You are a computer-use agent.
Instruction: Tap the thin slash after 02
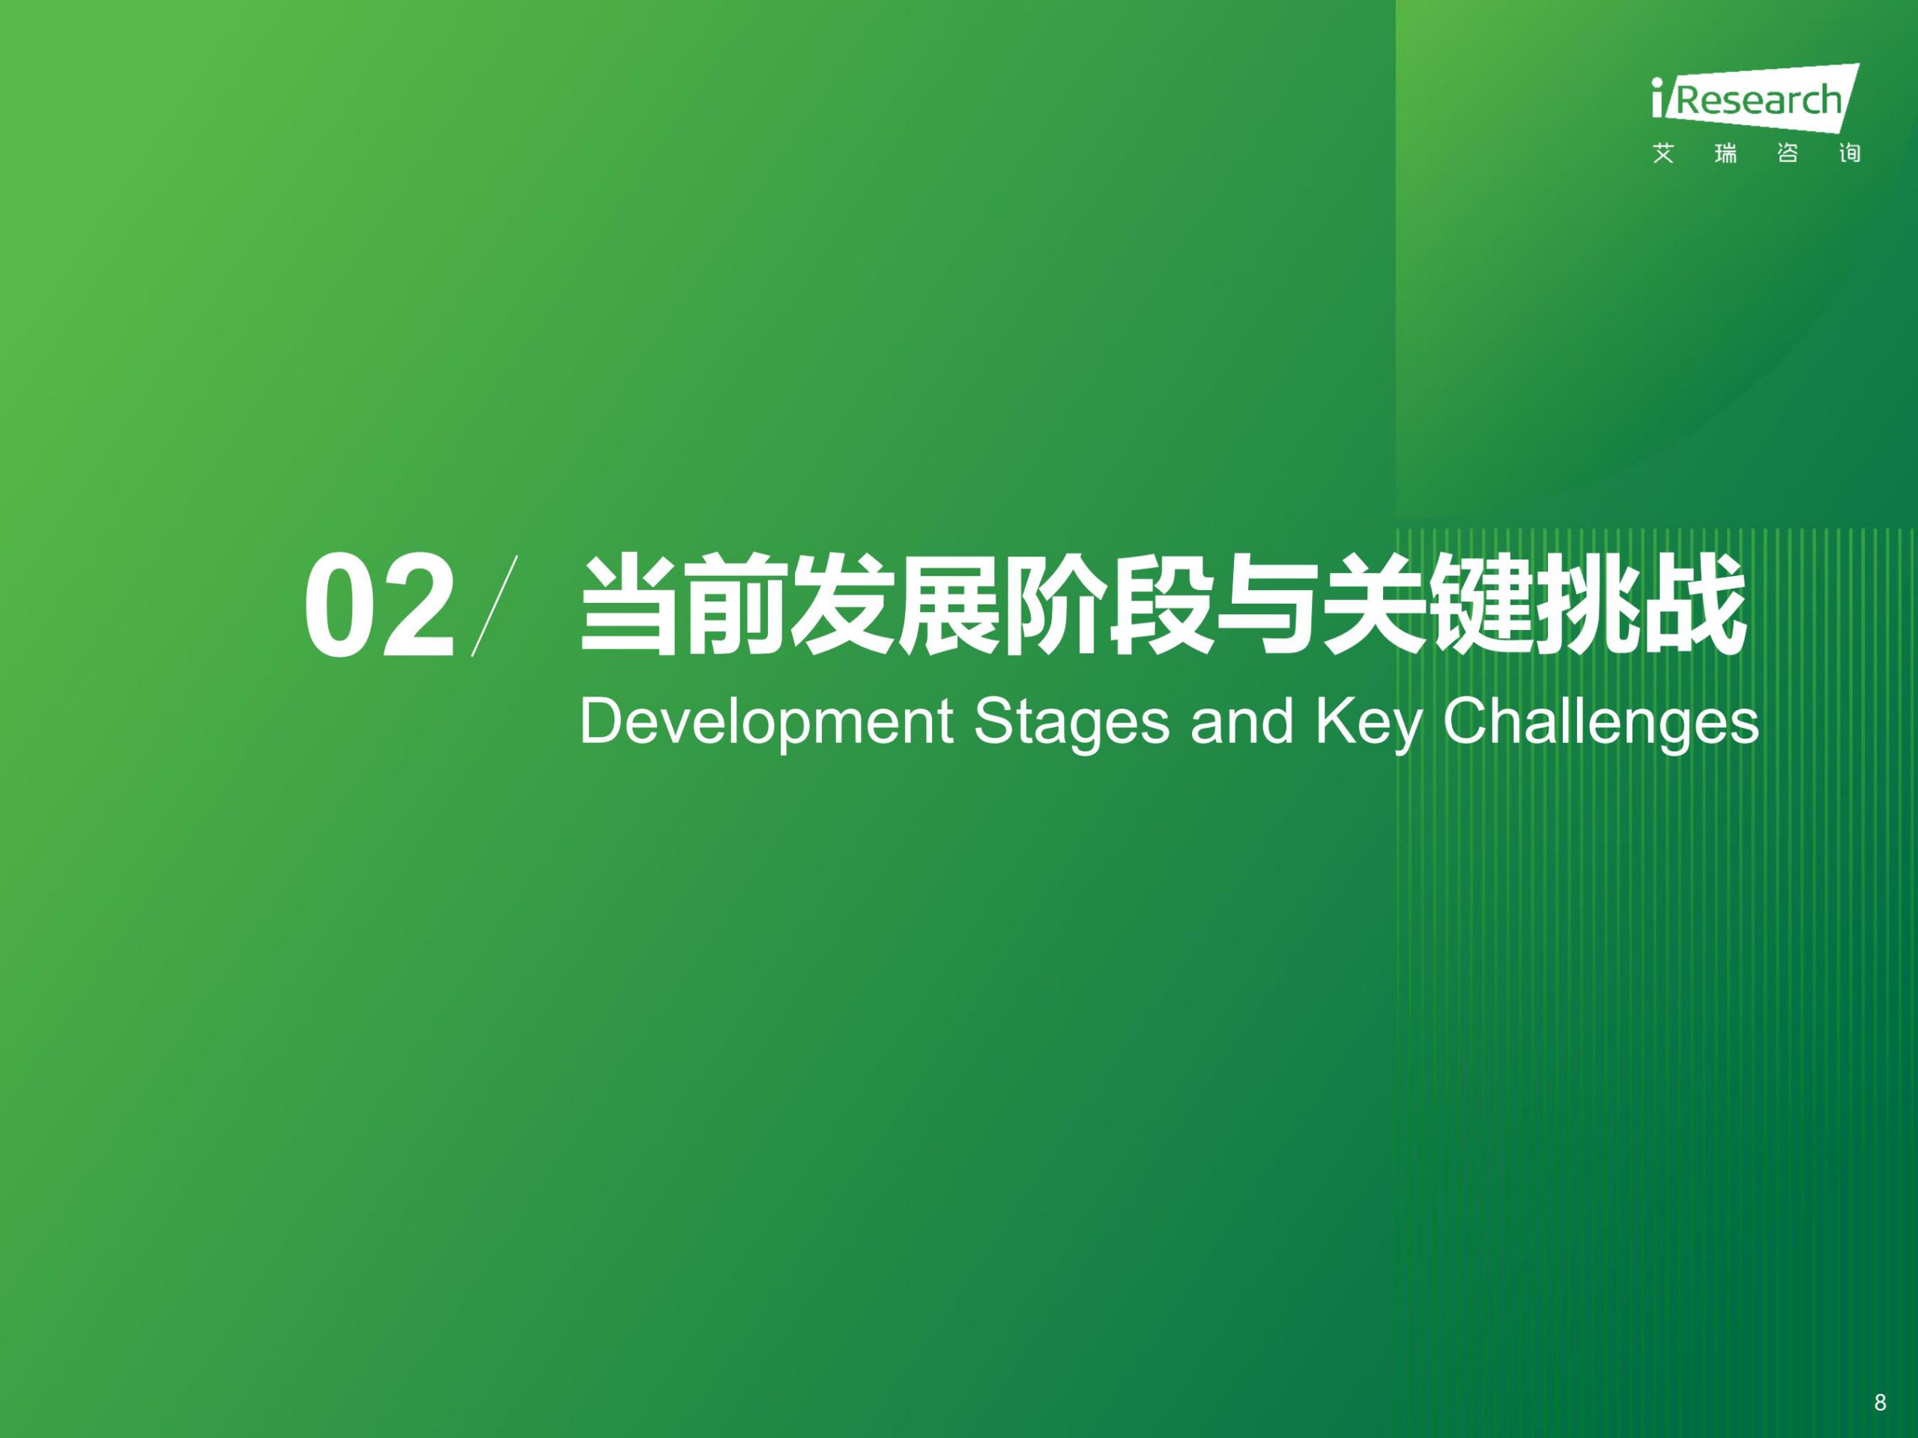click(x=495, y=605)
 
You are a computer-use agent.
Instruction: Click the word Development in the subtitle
click(x=766, y=723)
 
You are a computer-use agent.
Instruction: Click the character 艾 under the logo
click(x=1663, y=154)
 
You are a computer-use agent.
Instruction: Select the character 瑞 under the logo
click(x=1725, y=154)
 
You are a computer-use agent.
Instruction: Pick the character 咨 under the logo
click(x=1787, y=154)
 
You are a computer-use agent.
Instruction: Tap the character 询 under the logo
click(x=1850, y=154)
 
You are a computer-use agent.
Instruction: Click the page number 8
click(x=1880, y=1379)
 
